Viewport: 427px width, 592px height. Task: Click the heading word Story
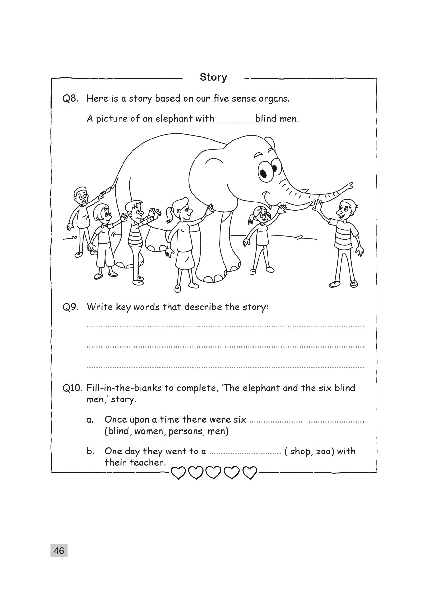(x=213, y=77)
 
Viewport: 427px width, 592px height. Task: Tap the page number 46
(x=59, y=551)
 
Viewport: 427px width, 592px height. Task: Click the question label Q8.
(x=70, y=99)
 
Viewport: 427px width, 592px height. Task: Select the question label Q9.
(x=70, y=307)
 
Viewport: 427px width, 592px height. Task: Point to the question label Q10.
(x=72, y=388)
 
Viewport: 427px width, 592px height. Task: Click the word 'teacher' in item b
(x=147, y=463)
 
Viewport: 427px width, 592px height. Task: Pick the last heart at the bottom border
(x=250, y=472)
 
